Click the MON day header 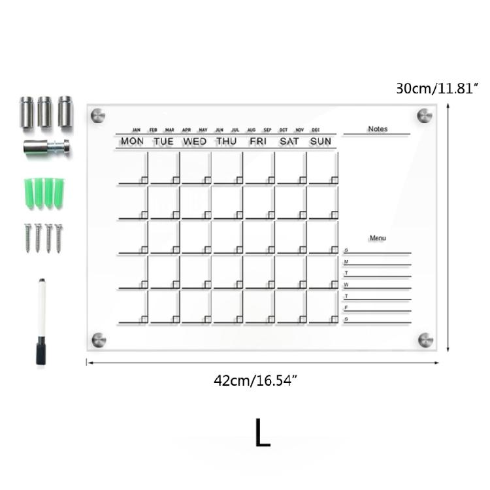tap(132, 141)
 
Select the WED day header tap(195, 141)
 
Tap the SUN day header tap(321, 141)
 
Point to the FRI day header tap(258, 141)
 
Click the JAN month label tap(137, 129)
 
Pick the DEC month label tap(316, 129)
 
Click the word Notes tap(378, 129)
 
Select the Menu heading tap(378, 238)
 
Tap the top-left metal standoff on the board tap(98, 115)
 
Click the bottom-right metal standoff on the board tap(425, 340)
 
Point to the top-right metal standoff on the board tap(425, 115)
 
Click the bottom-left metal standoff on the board tap(98, 340)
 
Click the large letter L tap(262, 433)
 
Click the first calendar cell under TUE tap(164, 169)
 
